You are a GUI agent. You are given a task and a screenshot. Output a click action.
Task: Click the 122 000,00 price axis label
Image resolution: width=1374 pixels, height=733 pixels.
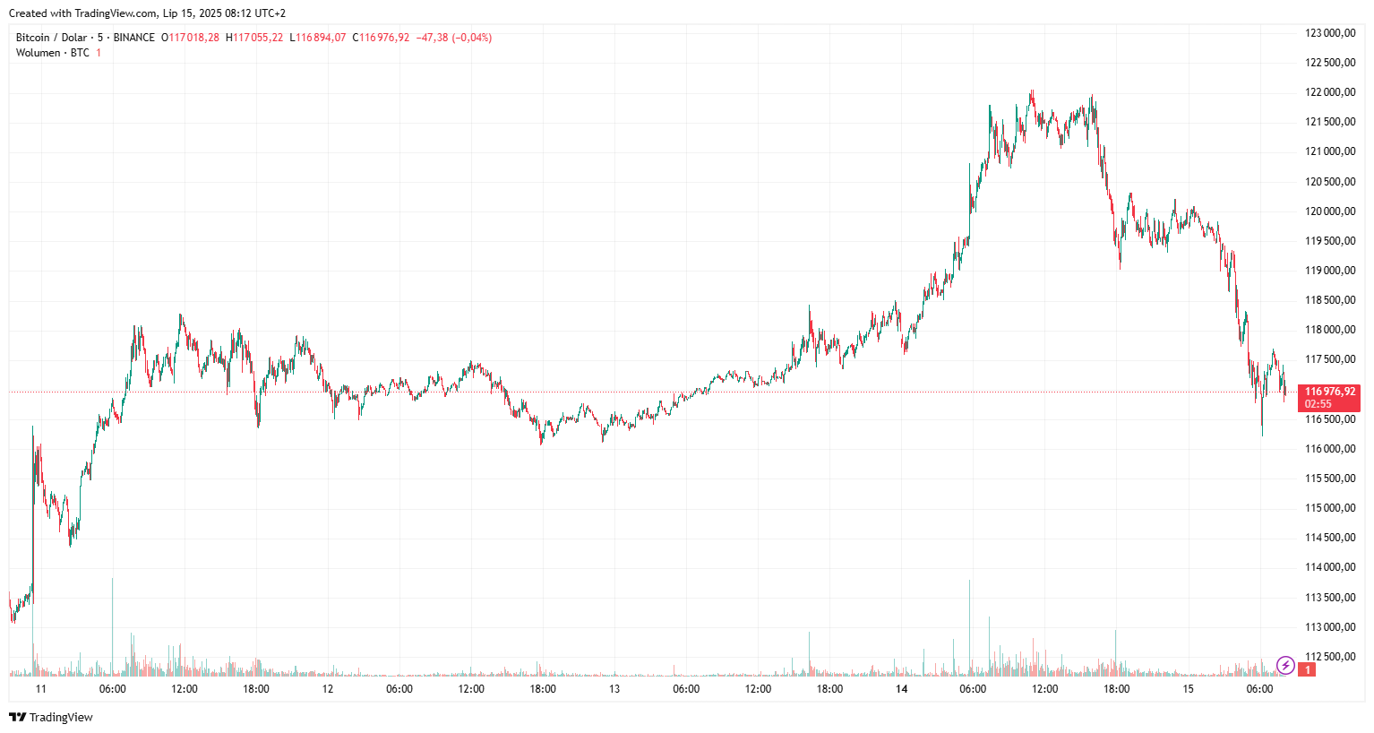coord(1329,92)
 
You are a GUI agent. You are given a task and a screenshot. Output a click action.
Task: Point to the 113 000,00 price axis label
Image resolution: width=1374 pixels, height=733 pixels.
coord(1329,627)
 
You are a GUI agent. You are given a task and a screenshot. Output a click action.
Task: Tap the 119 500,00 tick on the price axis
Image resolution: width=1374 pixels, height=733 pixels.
coord(1329,241)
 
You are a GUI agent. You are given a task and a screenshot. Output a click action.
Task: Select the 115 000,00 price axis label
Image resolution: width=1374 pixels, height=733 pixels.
coord(1329,508)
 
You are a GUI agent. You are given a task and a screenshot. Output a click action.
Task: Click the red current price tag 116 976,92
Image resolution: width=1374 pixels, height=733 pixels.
coord(1329,392)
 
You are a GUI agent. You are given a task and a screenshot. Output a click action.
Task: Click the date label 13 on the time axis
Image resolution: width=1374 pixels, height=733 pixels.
coord(614,689)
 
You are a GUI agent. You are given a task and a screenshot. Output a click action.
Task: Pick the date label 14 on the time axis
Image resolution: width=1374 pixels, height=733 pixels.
coord(901,689)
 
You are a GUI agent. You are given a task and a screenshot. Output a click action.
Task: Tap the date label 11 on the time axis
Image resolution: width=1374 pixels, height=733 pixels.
coord(40,689)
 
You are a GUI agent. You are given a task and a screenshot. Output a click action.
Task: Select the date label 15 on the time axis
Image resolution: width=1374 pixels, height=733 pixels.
coord(1188,689)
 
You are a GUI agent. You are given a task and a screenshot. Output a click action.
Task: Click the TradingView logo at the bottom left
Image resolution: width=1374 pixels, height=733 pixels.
coord(51,717)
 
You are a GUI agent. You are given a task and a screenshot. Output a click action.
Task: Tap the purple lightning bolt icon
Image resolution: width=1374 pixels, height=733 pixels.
coord(1285,666)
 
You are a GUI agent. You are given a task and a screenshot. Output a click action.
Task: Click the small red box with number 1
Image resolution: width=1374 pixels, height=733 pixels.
coord(1308,669)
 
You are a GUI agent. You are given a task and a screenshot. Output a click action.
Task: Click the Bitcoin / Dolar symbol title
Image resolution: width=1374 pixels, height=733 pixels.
coord(51,38)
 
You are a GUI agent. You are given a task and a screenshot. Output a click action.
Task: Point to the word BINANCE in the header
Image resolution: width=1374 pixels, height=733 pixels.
coord(133,38)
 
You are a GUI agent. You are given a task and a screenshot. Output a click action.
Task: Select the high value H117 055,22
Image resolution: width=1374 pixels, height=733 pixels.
coord(254,38)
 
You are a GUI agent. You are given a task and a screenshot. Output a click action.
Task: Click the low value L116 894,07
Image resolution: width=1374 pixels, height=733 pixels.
coord(318,38)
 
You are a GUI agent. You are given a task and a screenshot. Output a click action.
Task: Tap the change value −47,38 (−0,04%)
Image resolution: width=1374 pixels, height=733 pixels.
coord(453,38)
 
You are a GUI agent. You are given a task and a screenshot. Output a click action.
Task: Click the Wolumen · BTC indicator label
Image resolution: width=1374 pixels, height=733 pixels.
coord(52,53)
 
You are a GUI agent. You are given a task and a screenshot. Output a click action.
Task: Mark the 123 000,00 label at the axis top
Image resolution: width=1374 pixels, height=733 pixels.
coord(1329,33)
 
